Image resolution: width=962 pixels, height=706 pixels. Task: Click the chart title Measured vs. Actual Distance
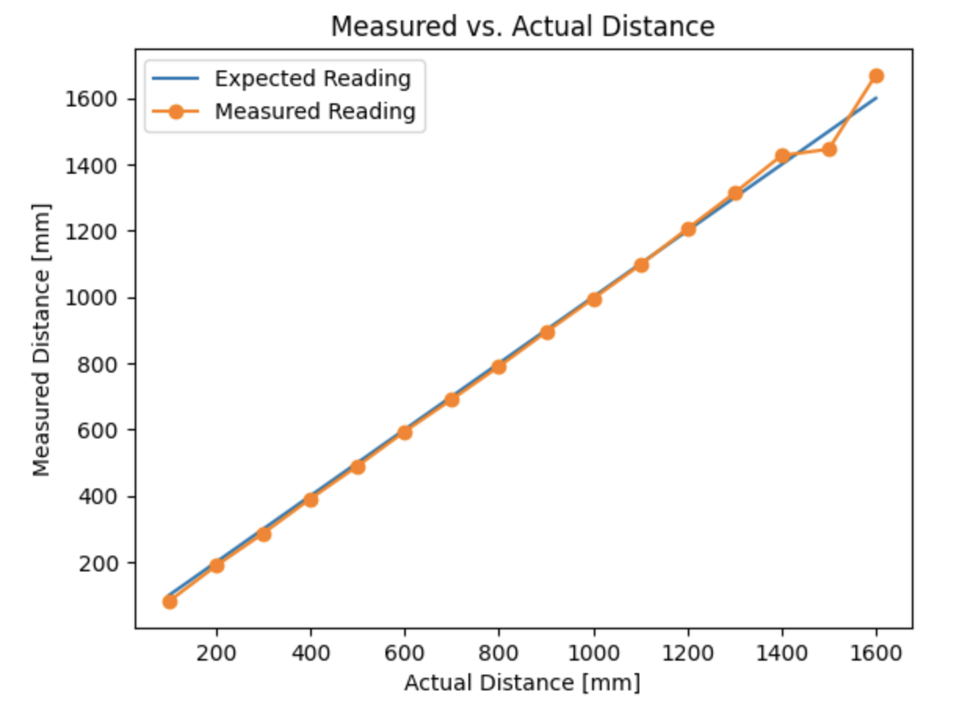[523, 27]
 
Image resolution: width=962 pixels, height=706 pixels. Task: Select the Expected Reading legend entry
[313, 79]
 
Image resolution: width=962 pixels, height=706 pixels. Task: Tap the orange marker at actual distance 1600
[876, 76]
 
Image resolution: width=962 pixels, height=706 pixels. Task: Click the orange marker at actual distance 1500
[829, 149]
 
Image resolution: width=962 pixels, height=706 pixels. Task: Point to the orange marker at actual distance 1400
[782, 156]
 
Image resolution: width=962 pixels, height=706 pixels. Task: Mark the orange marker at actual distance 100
[169, 601]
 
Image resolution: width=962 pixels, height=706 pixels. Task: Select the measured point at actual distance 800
[499, 366]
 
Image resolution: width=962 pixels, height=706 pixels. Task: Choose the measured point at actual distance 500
[357, 466]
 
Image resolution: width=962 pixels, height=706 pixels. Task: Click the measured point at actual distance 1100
[641, 265]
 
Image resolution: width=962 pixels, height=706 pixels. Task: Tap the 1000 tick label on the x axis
[593, 651]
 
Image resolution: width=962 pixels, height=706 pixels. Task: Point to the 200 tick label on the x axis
[216, 651]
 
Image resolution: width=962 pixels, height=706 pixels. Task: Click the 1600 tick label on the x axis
[876, 651]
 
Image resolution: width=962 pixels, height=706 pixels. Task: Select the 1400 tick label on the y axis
[99, 166]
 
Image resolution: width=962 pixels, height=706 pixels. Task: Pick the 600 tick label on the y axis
[105, 430]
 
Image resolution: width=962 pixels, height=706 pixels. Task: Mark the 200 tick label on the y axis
[105, 564]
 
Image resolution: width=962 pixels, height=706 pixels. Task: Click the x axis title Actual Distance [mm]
[522, 683]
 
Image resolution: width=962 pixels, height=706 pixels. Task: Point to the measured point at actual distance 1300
[735, 193]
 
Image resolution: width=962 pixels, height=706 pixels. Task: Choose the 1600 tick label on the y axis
[99, 99]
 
